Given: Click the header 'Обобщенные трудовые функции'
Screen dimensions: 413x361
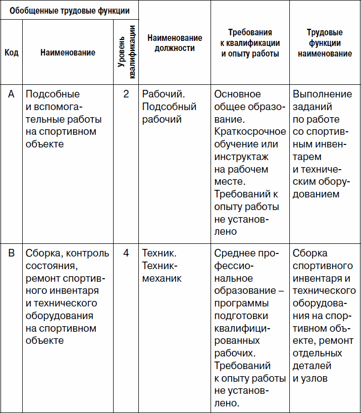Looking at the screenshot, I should [69, 10].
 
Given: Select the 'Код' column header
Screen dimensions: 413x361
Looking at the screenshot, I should [11, 53].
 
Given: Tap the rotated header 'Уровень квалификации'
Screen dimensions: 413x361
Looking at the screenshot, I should [125, 53].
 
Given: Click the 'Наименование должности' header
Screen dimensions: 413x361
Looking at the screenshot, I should [175, 43].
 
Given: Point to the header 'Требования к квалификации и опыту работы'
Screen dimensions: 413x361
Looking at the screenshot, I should [250, 43].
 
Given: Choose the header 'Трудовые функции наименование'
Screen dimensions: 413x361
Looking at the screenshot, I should [325, 43].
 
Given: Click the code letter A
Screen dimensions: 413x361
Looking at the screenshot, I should [11, 94].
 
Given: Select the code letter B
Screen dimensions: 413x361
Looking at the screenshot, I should [11, 253].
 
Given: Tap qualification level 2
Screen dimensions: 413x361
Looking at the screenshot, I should [126, 94].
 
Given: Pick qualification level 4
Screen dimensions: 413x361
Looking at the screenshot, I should [126, 253].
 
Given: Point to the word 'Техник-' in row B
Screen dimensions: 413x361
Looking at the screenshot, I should [160, 266].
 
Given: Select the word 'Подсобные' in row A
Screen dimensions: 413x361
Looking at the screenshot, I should [53, 94].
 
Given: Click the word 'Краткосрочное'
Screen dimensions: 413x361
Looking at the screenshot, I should [250, 132].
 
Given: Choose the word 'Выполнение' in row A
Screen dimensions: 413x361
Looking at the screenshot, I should [322, 94].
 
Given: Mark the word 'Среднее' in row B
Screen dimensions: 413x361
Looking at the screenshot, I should [232, 253].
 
